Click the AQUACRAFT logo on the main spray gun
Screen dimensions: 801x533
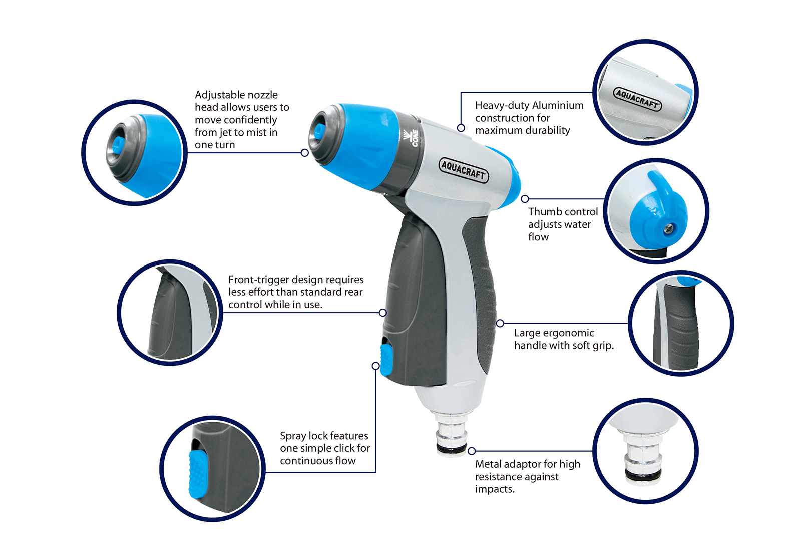coord(464,170)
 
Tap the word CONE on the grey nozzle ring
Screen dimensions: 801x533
coord(415,138)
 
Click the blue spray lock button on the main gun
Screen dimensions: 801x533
coord(386,360)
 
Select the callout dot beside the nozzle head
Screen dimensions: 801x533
coord(305,153)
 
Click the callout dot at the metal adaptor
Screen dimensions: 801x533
coord(472,451)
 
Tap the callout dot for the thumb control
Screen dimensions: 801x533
coord(525,199)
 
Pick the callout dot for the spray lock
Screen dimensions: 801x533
coord(375,366)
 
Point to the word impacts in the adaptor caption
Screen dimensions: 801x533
coord(495,489)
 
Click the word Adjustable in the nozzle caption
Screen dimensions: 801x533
coord(220,95)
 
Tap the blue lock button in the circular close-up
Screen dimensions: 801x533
coord(198,474)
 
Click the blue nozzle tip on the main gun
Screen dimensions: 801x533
coord(317,132)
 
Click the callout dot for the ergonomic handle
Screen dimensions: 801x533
coord(500,324)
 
